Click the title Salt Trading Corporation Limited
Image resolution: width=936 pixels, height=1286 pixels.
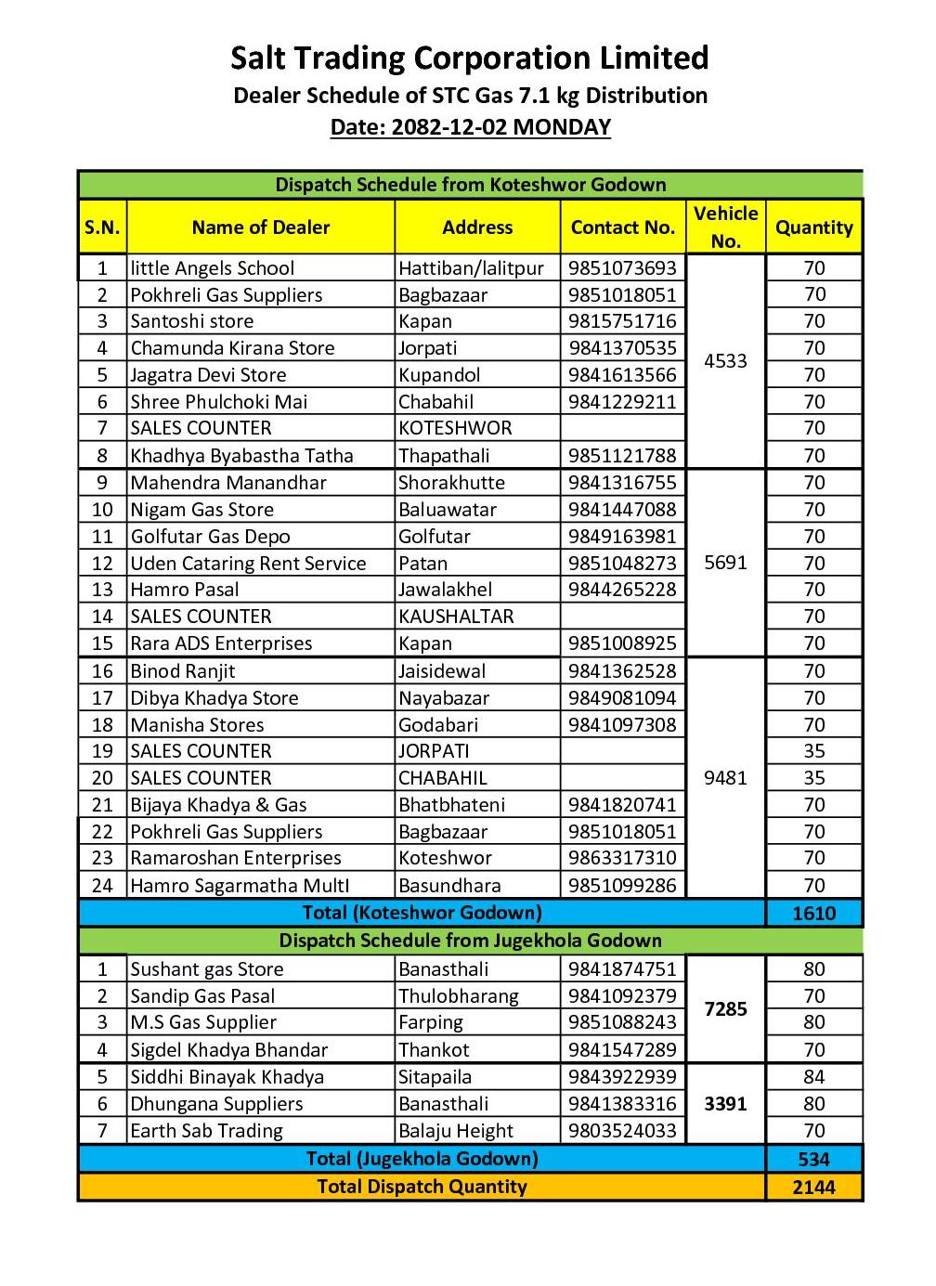(x=469, y=58)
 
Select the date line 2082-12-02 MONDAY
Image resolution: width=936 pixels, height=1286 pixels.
(x=470, y=127)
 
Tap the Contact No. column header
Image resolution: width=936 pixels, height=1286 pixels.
(x=622, y=227)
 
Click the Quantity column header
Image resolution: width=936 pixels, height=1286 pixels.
(x=813, y=227)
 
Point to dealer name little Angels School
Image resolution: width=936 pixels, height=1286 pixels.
(x=212, y=268)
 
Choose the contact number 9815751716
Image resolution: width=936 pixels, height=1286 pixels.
(x=622, y=321)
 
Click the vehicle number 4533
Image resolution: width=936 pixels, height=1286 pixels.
(x=725, y=360)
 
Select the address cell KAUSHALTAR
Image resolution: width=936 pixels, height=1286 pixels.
(x=456, y=617)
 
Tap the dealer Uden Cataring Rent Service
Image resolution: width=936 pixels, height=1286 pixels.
(x=248, y=564)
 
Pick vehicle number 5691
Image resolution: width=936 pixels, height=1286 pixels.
(x=725, y=563)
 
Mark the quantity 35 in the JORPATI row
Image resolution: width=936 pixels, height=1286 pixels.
(x=813, y=751)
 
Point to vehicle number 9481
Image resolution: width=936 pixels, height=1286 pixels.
(x=725, y=778)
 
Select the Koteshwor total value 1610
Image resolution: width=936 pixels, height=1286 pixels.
(x=813, y=914)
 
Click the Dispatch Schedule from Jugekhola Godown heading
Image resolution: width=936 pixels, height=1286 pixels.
(x=470, y=941)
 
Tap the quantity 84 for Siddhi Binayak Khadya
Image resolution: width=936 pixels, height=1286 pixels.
(x=813, y=1077)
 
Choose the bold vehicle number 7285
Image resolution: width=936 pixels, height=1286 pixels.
(x=725, y=1009)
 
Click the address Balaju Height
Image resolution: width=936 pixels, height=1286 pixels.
(x=455, y=1131)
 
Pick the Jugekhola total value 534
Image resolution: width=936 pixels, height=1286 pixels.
(x=813, y=1160)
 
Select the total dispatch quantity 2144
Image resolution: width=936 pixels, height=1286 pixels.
(x=813, y=1188)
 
